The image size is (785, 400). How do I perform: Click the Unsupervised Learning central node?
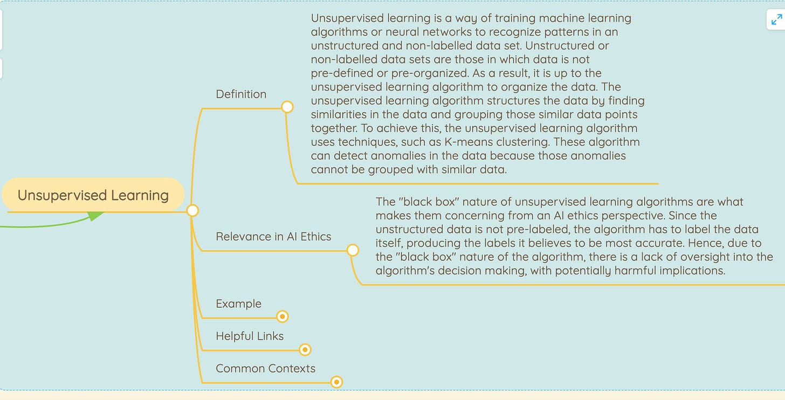pyautogui.click(x=93, y=195)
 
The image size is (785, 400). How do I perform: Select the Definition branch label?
pyautogui.click(x=241, y=94)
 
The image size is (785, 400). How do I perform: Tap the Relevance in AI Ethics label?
pyautogui.click(x=273, y=236)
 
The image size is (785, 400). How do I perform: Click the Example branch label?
pyautogui.click(x=238, y=304)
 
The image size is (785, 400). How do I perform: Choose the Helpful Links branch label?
pyautogui.click(x=250, y=336)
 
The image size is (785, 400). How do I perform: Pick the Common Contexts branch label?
pyautogui.click(x=265, y=368)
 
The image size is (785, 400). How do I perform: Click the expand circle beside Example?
pyautogui.click(x=282, y=316)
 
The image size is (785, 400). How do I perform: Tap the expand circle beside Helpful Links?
pyautogui.click(x=305, y=350)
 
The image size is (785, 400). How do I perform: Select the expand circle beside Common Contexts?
pyautogui.click(x=336, y=382)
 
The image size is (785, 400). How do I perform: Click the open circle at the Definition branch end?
pyautogui.click(x=287, y=107)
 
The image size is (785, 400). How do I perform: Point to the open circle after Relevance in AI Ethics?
pyautogui.click(x=353, y=250)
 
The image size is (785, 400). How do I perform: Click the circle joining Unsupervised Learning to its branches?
pyautogui.click(x=192, y=210)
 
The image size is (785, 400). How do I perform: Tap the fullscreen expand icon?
pyautogui.click(x=776, y=20)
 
